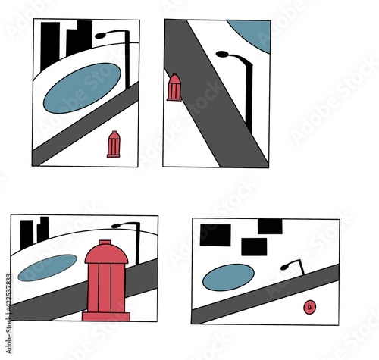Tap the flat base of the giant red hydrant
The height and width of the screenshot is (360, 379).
[x=106, y=316]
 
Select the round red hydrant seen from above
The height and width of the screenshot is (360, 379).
[x=309, y=306]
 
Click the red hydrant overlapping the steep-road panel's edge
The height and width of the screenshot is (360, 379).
[x=174, y=87]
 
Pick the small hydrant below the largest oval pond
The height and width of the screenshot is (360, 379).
[x=114, y=144]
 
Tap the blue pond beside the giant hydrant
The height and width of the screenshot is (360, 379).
[x=47, y=267]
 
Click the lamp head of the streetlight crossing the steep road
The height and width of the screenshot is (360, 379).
[x=224, y=55]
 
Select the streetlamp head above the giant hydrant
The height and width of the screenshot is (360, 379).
[x=117, y=225]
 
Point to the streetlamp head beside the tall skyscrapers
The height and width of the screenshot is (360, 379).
[x=102, y=34]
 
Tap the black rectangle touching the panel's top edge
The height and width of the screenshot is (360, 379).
[x=270, y=226]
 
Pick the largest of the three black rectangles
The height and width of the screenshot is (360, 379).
[x=215, y=235]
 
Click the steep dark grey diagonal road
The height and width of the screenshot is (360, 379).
[x=216, y=99]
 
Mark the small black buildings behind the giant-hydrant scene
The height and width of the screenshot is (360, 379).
[x=34, y=231]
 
